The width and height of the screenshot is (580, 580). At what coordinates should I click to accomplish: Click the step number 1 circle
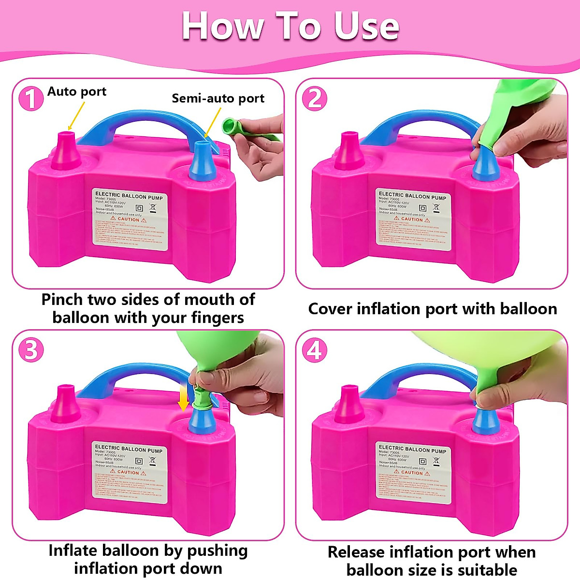pos(30,99)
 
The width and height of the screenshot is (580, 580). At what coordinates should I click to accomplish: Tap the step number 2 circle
pos(314,99)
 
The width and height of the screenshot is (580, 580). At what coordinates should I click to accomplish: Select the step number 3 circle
pos(30,350)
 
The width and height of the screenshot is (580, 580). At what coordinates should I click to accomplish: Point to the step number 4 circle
pos(314,350)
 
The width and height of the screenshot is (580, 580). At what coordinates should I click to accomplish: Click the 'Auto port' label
pos(77,92)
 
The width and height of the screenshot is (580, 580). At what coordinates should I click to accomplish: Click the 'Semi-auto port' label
pos(218,99)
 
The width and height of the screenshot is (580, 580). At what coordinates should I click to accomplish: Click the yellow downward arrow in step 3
pos(183,399)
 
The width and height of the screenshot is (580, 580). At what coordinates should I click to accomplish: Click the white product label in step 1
pos(130,219)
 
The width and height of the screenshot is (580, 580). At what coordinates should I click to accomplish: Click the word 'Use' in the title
pos(366,26)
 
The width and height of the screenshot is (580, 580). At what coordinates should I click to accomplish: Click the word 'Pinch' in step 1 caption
pos(62,300)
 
